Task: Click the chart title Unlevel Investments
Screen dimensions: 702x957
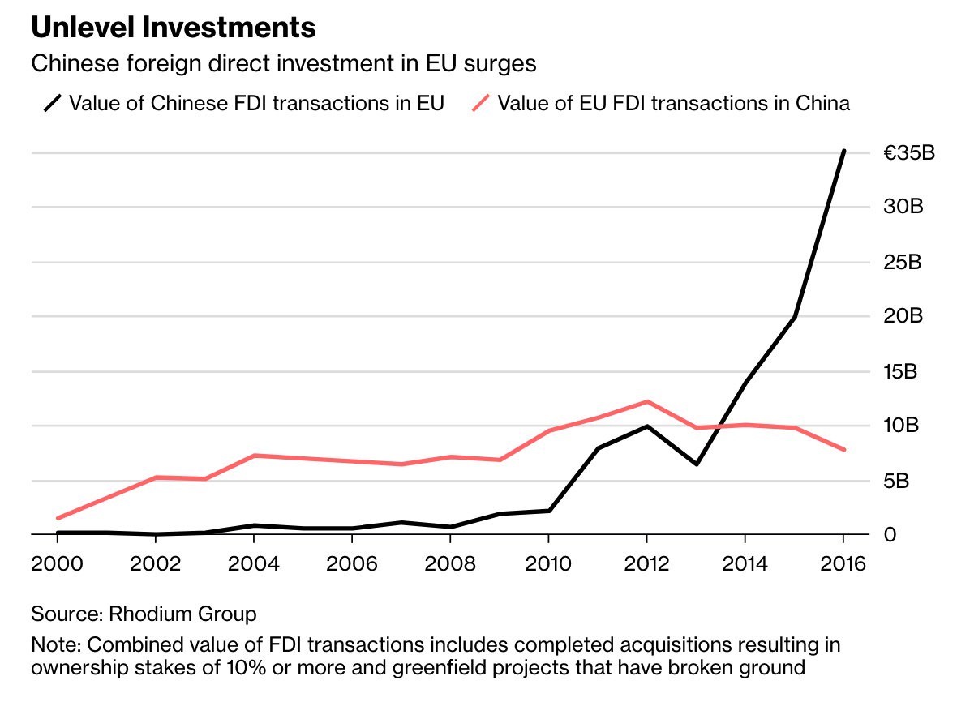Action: coord(173,28)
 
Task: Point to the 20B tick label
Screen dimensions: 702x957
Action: coord(903,316)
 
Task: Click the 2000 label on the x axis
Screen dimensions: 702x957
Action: coord(57,563)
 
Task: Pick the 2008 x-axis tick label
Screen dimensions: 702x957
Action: coord(450,563)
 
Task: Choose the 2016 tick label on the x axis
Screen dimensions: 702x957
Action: coord(842,563)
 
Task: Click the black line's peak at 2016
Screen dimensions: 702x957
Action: coord(843,151)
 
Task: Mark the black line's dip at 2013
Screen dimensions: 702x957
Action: coord(696,464)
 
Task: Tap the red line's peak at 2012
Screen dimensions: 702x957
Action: coord(647,401)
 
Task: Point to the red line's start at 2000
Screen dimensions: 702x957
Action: coord(58,518)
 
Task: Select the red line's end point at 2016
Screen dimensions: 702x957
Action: coord(843,449)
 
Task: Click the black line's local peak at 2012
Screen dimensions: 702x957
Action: coord(646,426)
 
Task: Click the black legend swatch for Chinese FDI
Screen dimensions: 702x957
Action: coord(54,104)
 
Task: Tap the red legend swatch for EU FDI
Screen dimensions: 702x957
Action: coord(481,104)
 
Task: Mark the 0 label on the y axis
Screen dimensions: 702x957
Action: coord(890,535)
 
